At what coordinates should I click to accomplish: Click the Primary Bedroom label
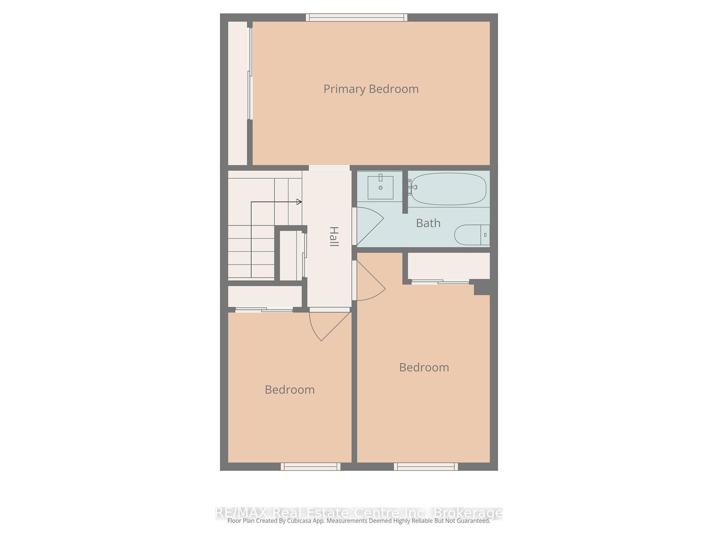(x=371, y=89)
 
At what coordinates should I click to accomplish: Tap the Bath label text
(x=428, y=223)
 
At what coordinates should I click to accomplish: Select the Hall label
(x=334, y=237)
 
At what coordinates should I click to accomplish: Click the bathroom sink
(x=380, y=188)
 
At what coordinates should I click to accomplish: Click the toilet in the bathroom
(x=472, y=235)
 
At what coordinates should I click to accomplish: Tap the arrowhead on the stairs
(x=299, y=202)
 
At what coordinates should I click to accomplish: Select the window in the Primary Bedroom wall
(x=356, y=17)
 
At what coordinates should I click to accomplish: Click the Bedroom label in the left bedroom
(x=289, y=390)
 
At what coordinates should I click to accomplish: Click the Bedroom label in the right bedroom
(x=424, y=367)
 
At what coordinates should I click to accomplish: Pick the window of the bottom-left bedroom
(x=310, y=466)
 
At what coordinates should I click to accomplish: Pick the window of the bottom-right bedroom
(x=426, y=466)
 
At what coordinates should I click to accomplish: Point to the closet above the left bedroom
(x=265, y=296)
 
